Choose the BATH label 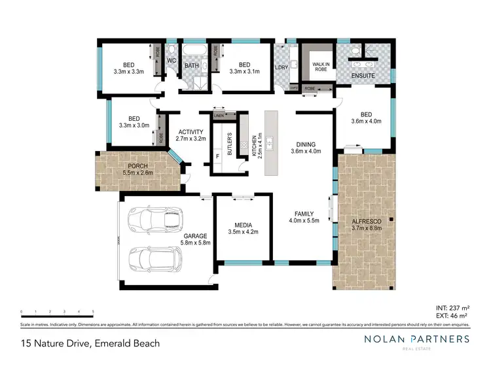[x=192, y=65]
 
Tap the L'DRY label [x=282, y=67]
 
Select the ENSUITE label [x=363, y=75]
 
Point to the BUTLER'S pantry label [x=230, y=143]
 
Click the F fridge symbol [x=218, y=157]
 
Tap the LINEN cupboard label [x=218, y=116]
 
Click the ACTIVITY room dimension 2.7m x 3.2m [x=191, y=139]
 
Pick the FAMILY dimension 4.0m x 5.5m [x=304, y=221]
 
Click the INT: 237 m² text [x=452, y=307]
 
